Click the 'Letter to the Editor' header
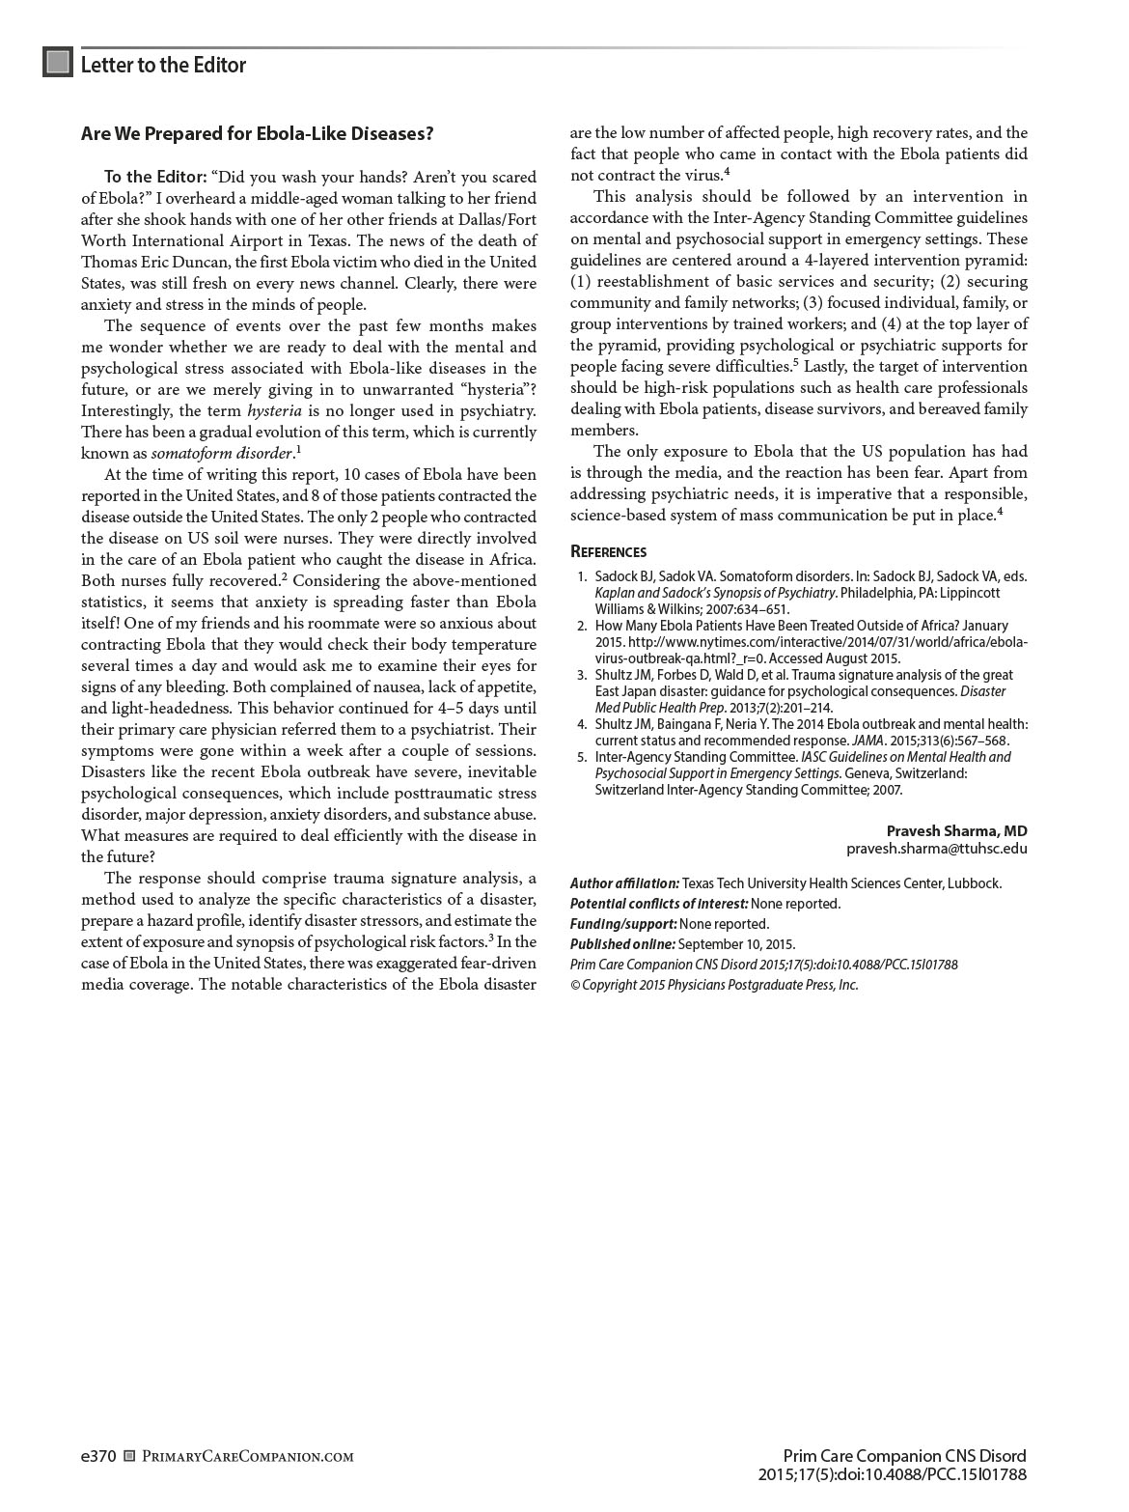[x=163, y=65]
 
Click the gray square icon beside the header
[x=58, y=63]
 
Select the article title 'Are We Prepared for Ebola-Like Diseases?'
[x=257, y=134]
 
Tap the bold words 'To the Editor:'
[x=155, y=178]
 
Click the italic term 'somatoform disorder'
[x=221, y=454]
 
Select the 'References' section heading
[x=608, y=552]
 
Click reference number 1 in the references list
[x=582, y=576]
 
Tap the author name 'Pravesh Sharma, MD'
[x=956, y=831]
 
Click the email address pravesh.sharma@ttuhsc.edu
[x=936, y=850]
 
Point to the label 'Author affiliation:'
[x=624, y=883]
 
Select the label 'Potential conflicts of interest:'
[x=659, y=904]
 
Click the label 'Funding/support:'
[x=622, y=924]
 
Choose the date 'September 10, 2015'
[x=736, y=944]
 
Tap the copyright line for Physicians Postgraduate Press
[x=714, y=985]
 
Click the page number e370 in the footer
[x=98, y=1456]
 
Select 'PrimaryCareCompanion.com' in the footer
[x=247, y=1457]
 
